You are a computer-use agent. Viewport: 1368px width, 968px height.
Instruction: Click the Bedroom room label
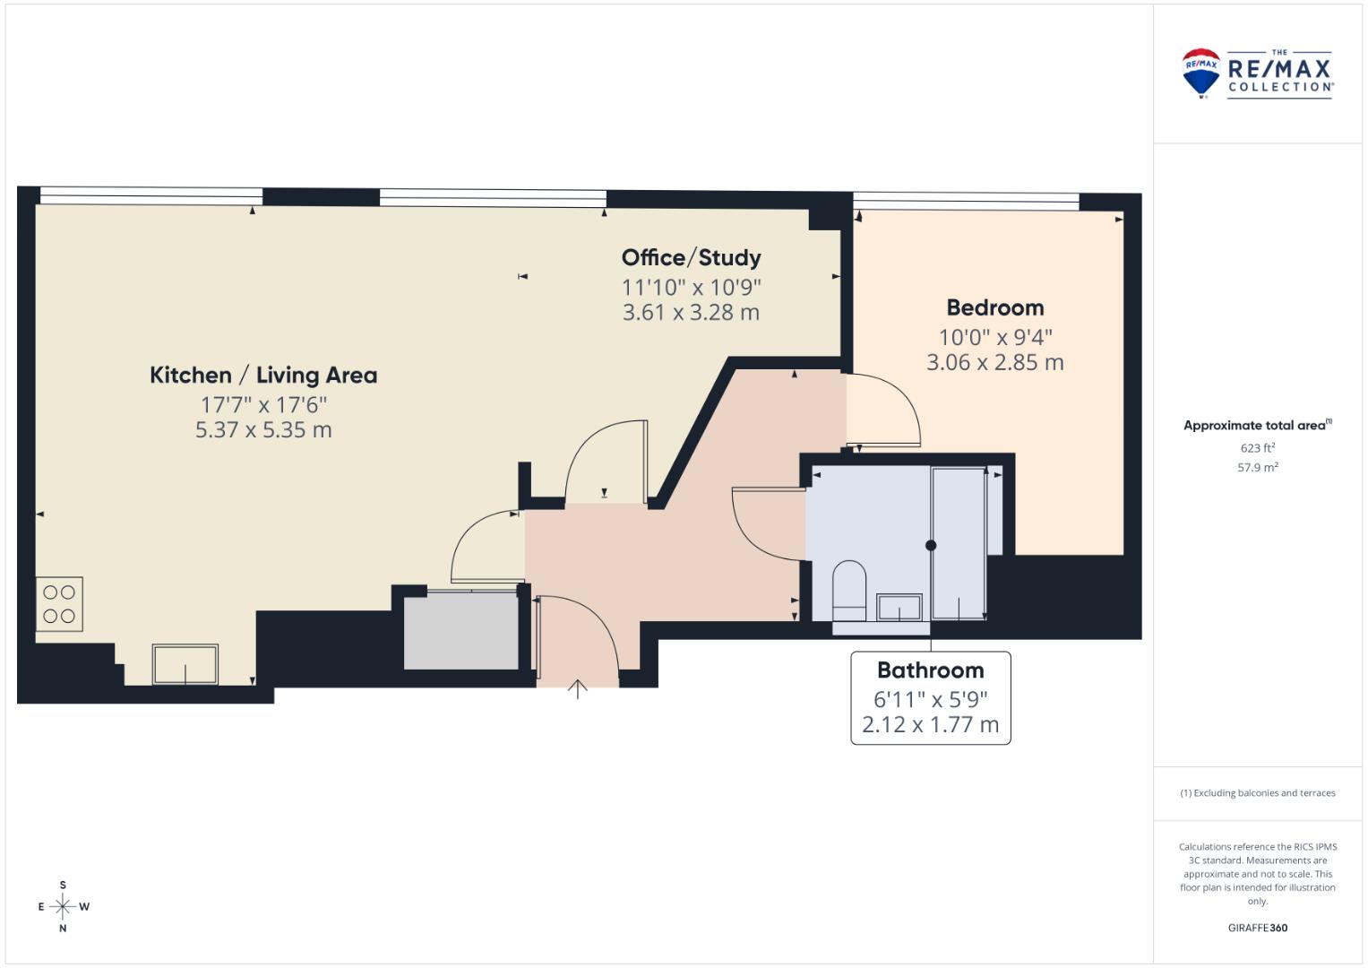click(994, 307)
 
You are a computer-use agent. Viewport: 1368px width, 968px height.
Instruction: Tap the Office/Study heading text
click(692, 258)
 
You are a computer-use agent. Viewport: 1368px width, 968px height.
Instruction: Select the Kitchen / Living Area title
click(263, 376)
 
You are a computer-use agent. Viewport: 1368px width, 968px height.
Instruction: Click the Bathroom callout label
click(930, 670)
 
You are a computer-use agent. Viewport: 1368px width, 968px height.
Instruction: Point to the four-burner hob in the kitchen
click(59, 604)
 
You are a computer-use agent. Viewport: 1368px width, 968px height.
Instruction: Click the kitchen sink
click(185, 664)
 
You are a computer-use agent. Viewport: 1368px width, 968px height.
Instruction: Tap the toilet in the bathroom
click(849, 591)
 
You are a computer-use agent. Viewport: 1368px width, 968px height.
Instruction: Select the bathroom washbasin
click(899, 608)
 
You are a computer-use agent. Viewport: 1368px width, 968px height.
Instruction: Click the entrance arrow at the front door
click(577, 689)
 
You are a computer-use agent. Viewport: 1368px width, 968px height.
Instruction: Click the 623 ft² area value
click(1258, 448)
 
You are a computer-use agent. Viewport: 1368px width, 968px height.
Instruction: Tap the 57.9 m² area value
click(1258, 468)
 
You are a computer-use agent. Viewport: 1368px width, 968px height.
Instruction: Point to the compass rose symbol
click(63, 906)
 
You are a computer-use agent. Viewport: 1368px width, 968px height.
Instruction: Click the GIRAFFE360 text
click(1258, 928)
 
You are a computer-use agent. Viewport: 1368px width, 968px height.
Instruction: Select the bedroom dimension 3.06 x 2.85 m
click(994, 362)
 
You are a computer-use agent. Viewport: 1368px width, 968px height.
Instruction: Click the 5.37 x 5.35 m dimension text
click(263, 430)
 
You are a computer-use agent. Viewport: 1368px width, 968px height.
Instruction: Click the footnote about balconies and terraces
click(1258, 793)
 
